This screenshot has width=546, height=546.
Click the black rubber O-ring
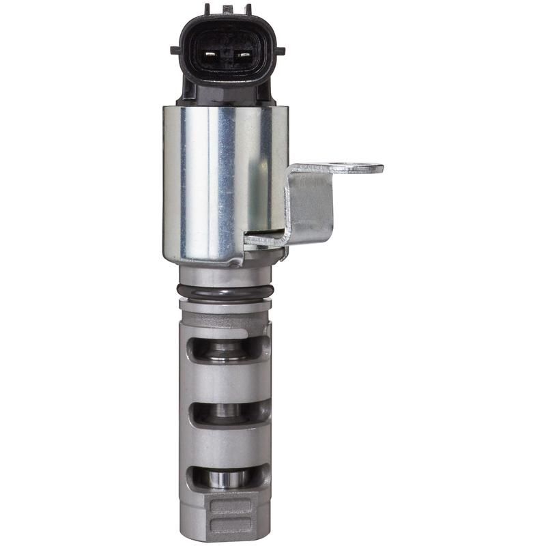click(226, 292)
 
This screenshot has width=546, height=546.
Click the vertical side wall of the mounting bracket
click(311, 205)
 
